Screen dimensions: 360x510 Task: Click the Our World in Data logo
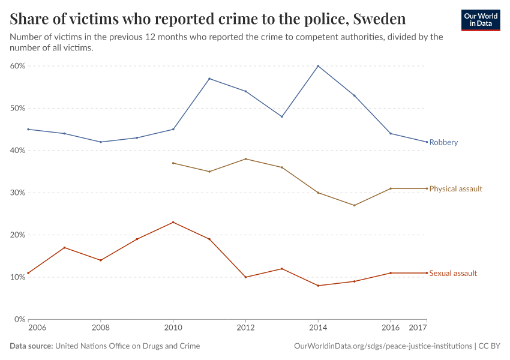480,20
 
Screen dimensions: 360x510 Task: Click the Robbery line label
443,142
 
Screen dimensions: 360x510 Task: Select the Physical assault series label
455,188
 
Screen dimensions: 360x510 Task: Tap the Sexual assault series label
453,273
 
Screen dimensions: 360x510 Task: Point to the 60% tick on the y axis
17,66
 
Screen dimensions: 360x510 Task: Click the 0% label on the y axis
19,319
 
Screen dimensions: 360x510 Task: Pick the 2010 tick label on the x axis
173,328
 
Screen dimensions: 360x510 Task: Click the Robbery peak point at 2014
318,66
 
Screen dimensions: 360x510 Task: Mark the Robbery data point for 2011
209,79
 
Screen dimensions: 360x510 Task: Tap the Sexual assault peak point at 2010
173,222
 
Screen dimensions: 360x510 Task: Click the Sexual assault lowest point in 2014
318,286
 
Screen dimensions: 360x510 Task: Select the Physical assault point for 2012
246,159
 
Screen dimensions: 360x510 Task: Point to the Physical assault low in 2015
355,205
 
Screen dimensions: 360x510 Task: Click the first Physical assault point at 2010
173,163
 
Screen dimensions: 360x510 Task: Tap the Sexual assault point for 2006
28,273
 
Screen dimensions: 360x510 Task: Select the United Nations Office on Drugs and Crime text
128,346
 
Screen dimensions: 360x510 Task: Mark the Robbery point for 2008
101,142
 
